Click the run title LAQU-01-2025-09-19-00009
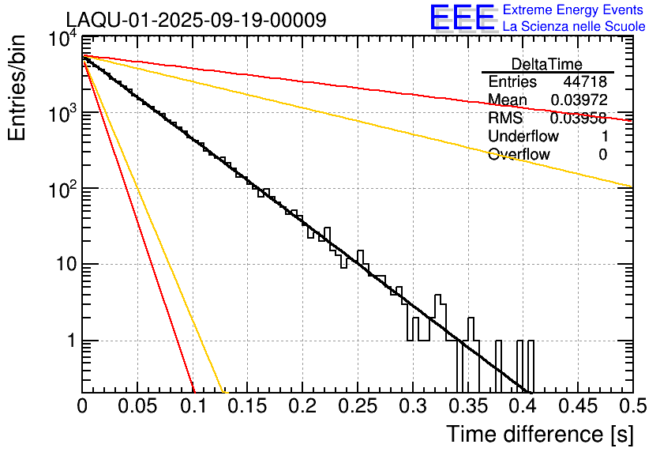(x=196, y=21)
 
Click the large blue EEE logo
(x=462, y=19)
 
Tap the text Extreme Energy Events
(x=574, y=10)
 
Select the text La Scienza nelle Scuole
(x=574, y=27)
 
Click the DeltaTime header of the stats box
(x=546, y=64)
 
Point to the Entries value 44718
(x=585, y=82)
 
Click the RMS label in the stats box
(x=505, y=119)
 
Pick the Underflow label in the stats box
(x=523, y=137)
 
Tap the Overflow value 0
(x=602, y=155)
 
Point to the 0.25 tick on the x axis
(x=358, y=405)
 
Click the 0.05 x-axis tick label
(x=137, y=405)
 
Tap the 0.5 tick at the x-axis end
(x=632, y=405)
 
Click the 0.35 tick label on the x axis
(x=467, y=405)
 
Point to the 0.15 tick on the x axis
(x=247, y=405)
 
